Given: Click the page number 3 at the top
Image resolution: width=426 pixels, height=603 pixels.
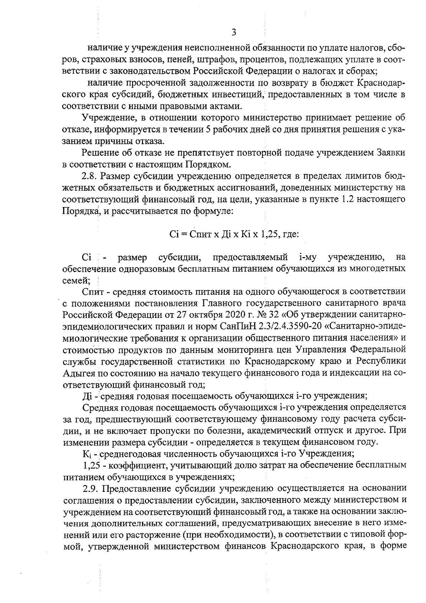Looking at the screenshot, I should click(x=233, y=33).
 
